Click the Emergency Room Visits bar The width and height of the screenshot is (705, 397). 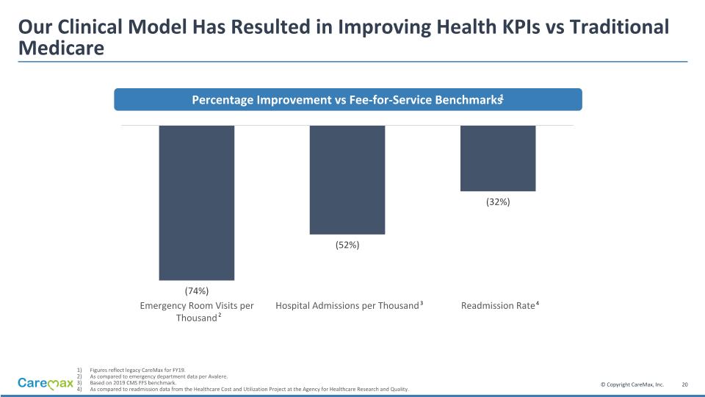pyautogui.click(x=197, y=202)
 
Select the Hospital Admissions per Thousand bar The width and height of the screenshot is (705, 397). pyautogui.click(x=347, y=179)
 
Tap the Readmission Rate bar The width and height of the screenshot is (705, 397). pyautogui.click(x=498, y=158)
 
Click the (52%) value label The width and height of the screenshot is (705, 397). pyautogui.click(x=347, y=245)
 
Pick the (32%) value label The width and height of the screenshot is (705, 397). pyautogui.click(x=498, y=201)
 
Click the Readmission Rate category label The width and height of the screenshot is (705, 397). pyautogui.click(x=499, y=306)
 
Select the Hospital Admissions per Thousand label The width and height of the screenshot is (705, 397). pyautogui.click(x=347, y=306)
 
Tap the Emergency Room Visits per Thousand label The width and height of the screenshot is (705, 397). pyautogui.click(x=197, y=312)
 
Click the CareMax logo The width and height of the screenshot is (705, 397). pyautogui.click(x=46, y=383)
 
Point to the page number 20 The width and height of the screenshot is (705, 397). pyautogui.click(x=684, y=385)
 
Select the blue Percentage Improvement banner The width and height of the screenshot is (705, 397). pyautogui.click(x=347, y=99)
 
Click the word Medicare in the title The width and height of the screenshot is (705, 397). pyautogui.click(x=61, y=49)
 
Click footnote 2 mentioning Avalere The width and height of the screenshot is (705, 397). pyautogui.click(x=158, y=376)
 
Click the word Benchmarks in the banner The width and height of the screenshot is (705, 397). pyautogui.click(x=465, y=100)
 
